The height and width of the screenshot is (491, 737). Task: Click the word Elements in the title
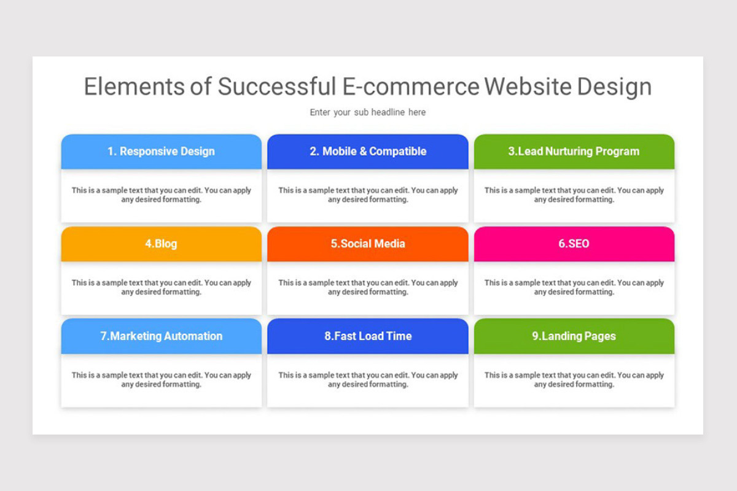point(133,87)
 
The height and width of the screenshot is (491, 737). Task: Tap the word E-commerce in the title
point(410,87)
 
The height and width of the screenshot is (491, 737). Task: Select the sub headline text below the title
point(368,112)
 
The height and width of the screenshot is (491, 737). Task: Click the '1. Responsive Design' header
point(162,152)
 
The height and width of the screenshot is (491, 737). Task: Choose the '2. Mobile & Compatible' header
point(368,152)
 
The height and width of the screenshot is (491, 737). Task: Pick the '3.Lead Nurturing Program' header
point(574,152)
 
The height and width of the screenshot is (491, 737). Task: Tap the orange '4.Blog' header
point(162,244)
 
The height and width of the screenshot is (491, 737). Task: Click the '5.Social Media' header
point(368,244)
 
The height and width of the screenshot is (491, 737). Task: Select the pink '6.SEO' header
point(574,244)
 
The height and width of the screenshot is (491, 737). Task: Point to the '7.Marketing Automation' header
point(162,336)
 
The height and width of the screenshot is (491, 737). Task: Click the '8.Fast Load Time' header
point(368,336)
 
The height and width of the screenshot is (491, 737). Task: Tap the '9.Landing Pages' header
point(574,336)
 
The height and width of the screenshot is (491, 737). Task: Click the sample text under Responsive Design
point(162,195)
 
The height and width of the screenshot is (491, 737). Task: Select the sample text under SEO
point(574,287)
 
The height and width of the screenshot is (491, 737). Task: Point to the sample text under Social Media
point(368,287)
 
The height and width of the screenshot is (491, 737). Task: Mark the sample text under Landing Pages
point(574,380)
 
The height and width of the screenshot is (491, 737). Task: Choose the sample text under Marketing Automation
point(162,380)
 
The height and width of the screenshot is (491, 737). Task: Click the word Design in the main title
point(614,87)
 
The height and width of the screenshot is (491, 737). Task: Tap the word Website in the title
point(528,87)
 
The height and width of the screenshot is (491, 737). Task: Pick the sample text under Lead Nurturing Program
point(574,195)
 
